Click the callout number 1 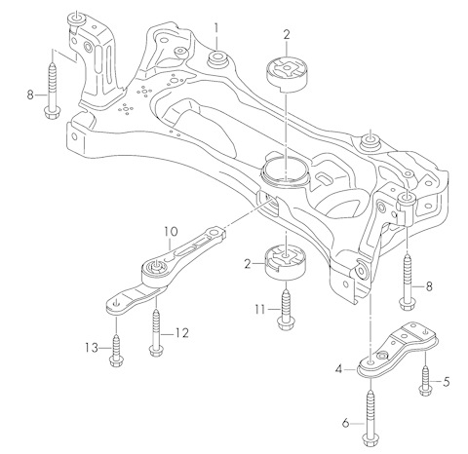(x=216, y=28)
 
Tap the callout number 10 (x=171, y=232)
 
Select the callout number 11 (x=260, y=310)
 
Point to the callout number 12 (x=182, y=333)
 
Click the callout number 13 (x=92, y=348)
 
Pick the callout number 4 (x=339, y=369)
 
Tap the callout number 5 (x=447, y=382)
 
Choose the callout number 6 (x=345, y=423)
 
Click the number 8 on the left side (x=30, y=95)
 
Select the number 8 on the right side (x=429, y=286)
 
